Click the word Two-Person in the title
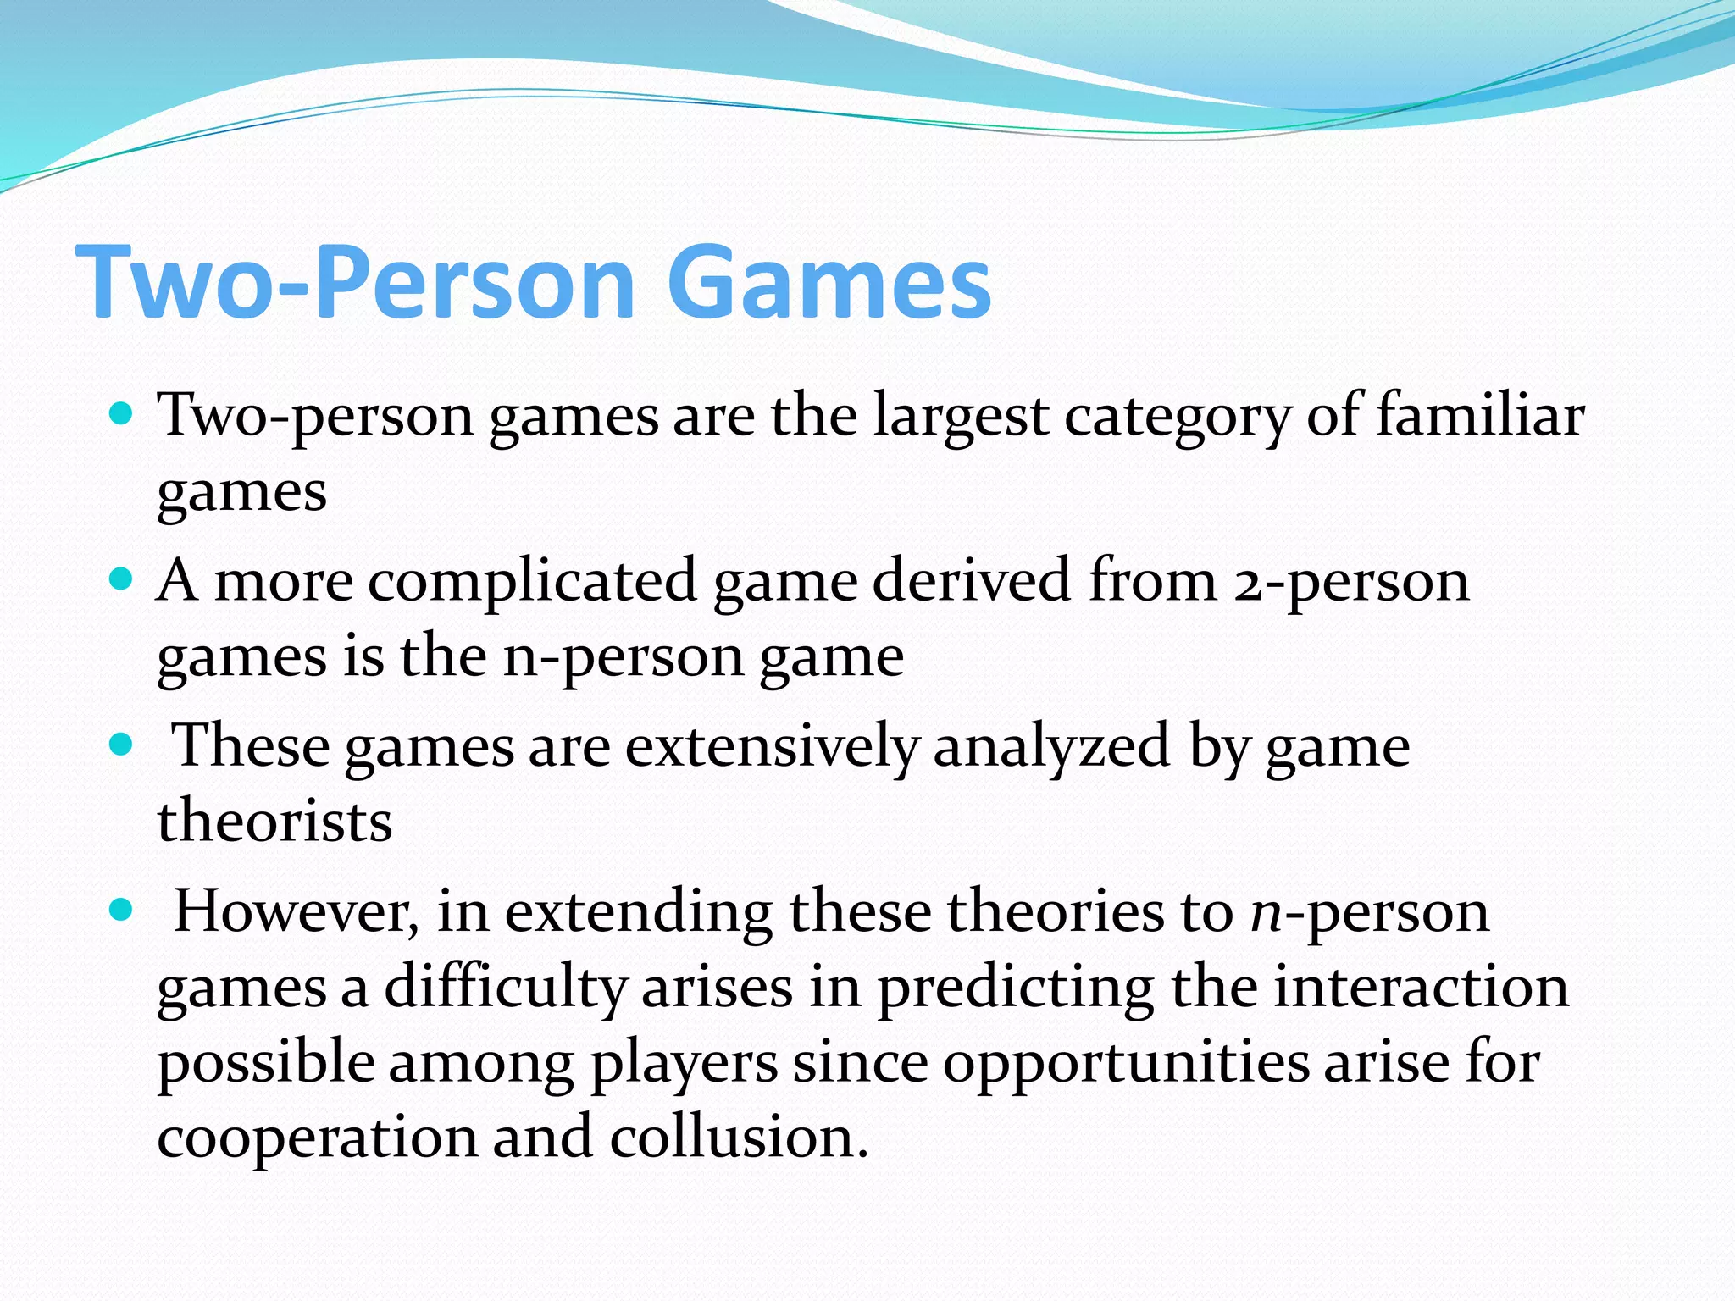tap(356, 281)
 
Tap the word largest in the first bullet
tap(961, 417)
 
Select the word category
tap(1178, 417)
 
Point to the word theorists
tap(274, 822)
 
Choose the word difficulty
tap(505, 988)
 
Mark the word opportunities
tap(1126, 1064)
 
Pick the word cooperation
tap(317, 1138)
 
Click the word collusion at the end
tap(737, 1137)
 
